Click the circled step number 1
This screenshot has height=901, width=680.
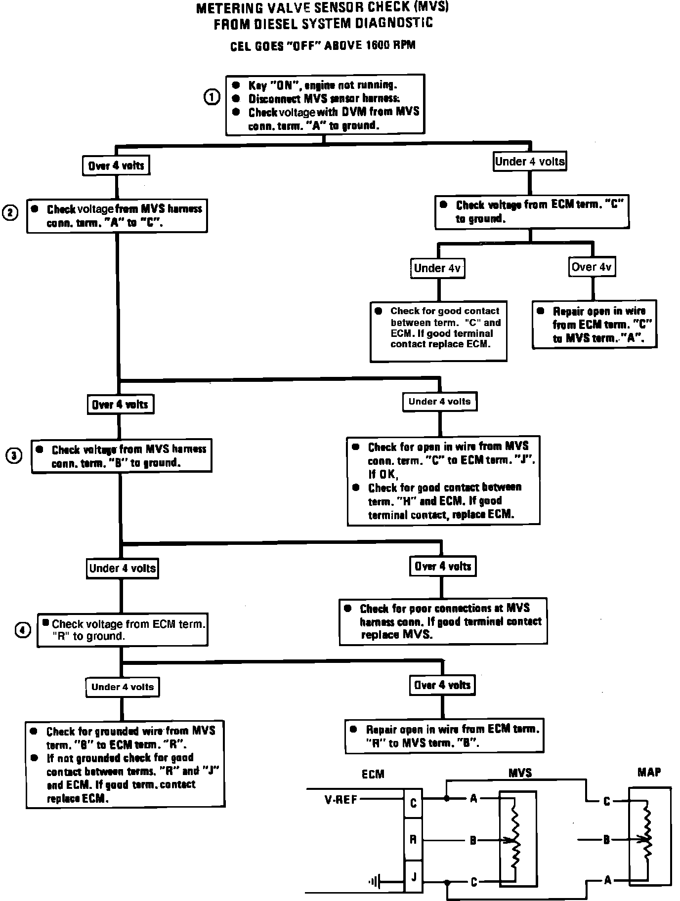(x=212, y=97)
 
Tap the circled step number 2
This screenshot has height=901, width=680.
(x=10, y=213)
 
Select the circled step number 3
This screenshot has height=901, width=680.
(x=14, y=455)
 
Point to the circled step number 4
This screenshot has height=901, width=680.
(x=23, y=630)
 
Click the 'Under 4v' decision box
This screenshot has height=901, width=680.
(x=437, y=268)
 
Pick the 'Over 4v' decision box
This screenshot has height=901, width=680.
(x=592, y=267)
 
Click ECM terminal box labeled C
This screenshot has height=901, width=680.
(x=413, y=803)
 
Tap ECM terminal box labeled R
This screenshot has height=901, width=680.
(x=413, y=840)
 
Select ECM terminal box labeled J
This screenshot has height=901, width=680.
(x=413, y=877)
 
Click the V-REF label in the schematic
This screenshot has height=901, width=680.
(x=341, y=799)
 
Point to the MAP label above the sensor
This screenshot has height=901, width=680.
(x=649, y=773)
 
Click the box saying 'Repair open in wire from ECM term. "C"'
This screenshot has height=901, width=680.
(x=595, y=324)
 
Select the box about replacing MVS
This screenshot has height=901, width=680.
(x=443, y=621)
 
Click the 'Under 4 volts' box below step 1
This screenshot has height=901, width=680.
(x=529, y=162)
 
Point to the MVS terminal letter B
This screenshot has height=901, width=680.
(x=473, y=840)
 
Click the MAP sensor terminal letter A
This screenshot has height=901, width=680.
(x=607, y=880)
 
